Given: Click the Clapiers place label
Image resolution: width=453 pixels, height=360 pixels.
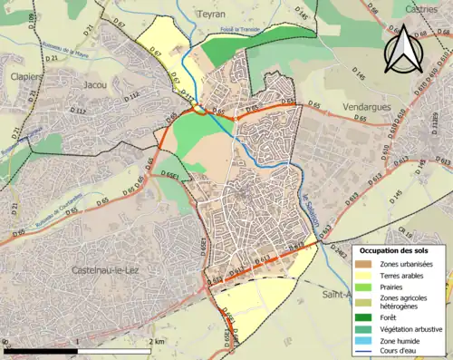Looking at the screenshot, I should [24, 77].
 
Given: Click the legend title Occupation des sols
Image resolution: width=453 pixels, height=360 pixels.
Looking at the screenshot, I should [395, 250].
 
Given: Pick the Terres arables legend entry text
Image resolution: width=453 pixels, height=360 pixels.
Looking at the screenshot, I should [407, 276].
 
